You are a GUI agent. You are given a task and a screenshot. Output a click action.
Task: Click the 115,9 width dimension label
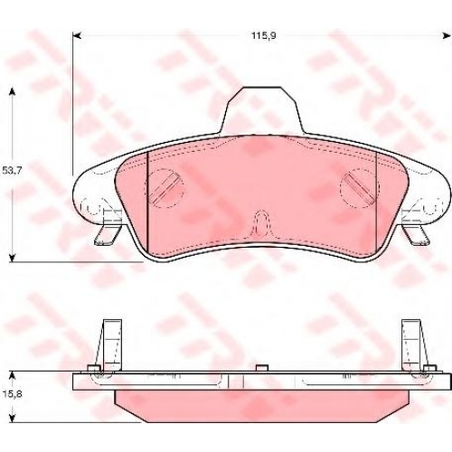click(x=264, y=36)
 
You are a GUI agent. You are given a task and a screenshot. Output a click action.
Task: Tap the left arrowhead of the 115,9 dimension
click(x=77, y=36)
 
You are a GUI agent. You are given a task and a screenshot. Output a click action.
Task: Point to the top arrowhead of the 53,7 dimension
click(x=12, y=91)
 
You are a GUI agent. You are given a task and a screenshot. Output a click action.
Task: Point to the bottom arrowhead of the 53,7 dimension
click(x=12, y=259)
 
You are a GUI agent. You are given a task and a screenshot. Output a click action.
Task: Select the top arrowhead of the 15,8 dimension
click(x=12, y=375)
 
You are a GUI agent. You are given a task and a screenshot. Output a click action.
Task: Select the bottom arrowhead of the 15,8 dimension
click(x=12, y=419)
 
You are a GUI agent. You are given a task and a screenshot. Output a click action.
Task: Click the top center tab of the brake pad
click(x=262, y=110)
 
